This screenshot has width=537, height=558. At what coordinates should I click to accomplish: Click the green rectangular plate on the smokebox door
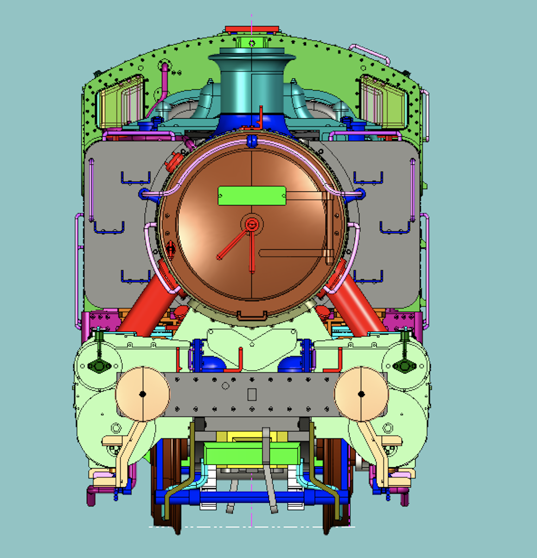(x=252, y=196)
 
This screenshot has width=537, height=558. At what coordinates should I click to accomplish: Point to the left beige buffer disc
(x=142, y=394)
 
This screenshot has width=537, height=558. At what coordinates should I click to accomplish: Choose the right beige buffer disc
(x=361, y=394)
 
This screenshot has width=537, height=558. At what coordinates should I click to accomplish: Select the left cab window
(x=120, y=102)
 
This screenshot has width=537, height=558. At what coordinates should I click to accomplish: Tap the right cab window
(x=384, y=102)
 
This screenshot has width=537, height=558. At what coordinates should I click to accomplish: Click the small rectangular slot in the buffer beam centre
(x=252, y=394)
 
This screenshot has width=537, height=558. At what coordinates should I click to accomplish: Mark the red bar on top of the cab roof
(x=252, y=30)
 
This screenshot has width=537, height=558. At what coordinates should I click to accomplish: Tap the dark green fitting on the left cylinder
(x=98, y=366)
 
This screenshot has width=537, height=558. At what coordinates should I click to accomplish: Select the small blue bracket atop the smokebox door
(x=252, y=141)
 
